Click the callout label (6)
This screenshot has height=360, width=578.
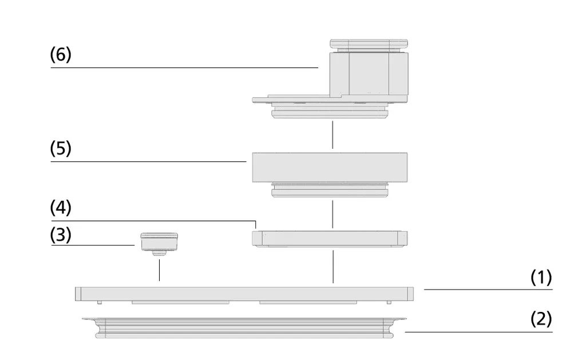(61, 54)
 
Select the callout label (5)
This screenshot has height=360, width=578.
(61, 148)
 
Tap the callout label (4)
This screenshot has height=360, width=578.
(61, 207)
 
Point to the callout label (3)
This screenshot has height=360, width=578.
(61, 235)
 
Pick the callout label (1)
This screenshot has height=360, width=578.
(541, 277)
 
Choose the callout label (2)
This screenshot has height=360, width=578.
(541, 319)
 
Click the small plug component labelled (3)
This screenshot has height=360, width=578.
(159, 244)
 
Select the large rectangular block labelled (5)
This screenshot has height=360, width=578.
(330, 167)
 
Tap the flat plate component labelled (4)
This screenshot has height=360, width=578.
(330, 239)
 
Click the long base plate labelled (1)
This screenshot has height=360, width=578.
(244, 294)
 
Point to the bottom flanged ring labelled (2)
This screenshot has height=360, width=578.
(244, 327)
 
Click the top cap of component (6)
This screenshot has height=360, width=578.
(369, 44)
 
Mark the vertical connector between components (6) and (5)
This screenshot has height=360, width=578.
(332, 135)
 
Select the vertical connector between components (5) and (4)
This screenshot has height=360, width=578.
(332, 214)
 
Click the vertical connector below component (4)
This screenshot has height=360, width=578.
(333, 267)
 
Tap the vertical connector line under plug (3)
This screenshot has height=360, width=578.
(159, 270)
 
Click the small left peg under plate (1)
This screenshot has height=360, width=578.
(99, 303)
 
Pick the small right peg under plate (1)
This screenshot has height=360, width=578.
(389, 303)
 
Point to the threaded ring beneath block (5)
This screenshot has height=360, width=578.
(330, 190)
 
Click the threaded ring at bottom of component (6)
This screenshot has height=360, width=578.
(330, 110)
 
